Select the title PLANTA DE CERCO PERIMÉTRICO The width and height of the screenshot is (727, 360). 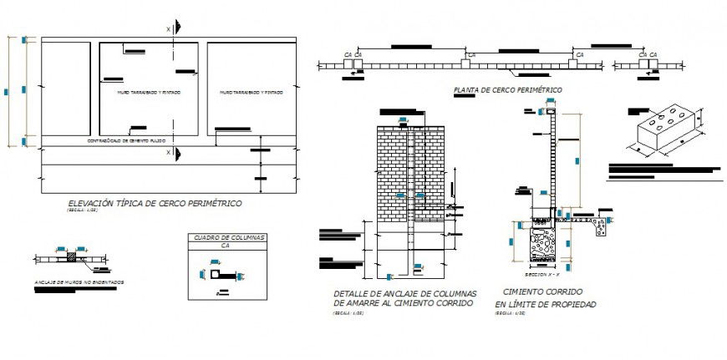click(506, 89)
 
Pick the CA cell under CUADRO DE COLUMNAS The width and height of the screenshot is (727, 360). click(224, 246)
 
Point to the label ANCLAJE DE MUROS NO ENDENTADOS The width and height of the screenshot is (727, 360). click(79, 282)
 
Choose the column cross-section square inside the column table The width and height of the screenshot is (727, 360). click(215, 273)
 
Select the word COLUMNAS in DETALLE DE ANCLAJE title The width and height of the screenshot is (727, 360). click(451, 294)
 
